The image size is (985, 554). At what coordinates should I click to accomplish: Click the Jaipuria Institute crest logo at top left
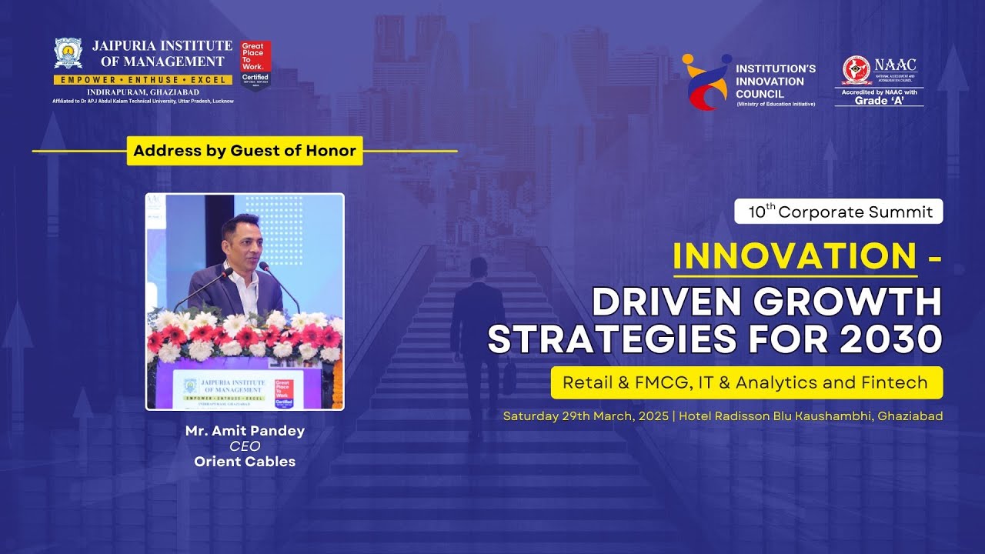(68, 54)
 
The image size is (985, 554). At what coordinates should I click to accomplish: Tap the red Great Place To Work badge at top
(255, 64)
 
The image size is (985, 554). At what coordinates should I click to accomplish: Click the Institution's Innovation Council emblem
(706, 82)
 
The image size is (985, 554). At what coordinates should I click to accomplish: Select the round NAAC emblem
(856, 70)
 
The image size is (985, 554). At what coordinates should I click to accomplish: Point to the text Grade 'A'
(879, 101)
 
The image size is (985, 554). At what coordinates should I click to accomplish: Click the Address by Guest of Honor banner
(245, 151)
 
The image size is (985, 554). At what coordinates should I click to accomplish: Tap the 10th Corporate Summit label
(839, 212)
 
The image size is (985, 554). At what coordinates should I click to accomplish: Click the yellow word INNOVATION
(794, 256)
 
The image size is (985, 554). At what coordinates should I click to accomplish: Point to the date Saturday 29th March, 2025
(586, 416)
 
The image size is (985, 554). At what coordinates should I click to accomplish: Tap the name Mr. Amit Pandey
(245, 431)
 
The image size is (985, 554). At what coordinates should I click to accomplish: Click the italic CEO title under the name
(245, 446)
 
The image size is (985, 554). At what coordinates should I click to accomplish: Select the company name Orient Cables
(245, 462)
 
